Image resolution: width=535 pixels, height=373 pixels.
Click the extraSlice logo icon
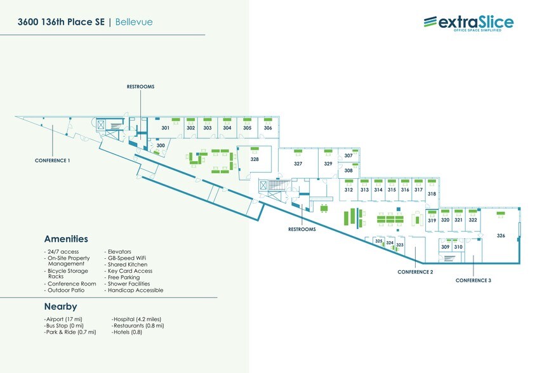click(x=430, y=23)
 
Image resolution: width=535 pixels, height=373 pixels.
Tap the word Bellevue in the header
click(x=135, y=22)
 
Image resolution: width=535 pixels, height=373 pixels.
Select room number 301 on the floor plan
click(x=166, y=128)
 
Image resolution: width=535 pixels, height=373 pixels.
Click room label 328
click(x=254, y=159)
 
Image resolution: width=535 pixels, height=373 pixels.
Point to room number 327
click(x=298, y=164)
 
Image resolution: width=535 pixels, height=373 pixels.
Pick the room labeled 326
click(x=501, y=236)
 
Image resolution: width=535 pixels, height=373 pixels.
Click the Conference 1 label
click(x=52, y=160)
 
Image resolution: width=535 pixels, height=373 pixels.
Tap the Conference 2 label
click(x=415, y=272)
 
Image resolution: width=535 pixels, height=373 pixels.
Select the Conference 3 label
click(x=473, y=280)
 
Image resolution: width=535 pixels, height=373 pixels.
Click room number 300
click(x=161, y=145)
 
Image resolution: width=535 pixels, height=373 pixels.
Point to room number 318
click(x=432, y=193)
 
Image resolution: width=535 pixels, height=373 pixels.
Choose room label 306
click(x=268, y=128)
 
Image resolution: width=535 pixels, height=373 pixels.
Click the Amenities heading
click(x=66, y=239)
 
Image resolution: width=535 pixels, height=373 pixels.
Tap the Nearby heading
click(x=60, y=307)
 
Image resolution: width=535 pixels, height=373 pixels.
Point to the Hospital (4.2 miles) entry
click(x=137, y=318)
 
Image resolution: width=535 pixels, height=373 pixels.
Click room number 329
click(x=328, y=164)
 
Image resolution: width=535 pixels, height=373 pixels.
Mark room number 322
click(x=473, y=220)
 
